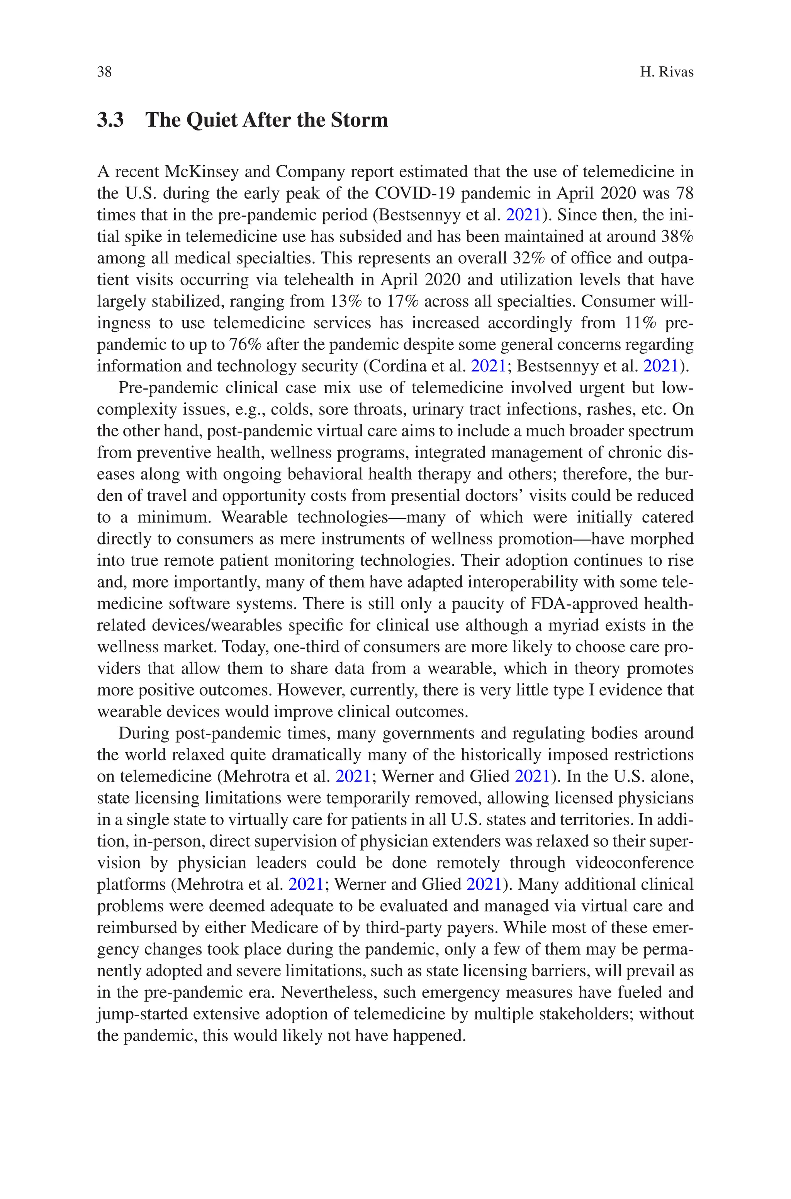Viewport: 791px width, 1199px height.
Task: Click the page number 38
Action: click(104, 72)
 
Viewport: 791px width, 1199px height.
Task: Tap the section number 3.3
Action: click(110, 120)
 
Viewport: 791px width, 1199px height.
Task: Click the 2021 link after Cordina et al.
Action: click(488, 366)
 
